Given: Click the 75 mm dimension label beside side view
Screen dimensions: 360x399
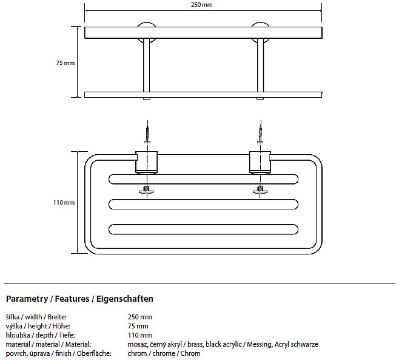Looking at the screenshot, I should tap(65, 63).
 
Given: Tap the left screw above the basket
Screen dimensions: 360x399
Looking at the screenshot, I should tap(146, 132).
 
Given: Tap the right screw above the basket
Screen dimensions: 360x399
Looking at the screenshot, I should tap(261, 132).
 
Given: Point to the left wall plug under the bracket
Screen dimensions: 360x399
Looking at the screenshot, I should tap(146, 190).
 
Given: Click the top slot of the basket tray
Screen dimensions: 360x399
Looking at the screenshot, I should tap(203, 179).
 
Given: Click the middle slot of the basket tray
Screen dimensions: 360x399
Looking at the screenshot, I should tap(203, 203).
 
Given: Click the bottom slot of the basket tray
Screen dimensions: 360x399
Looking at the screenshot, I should tap(203, 228).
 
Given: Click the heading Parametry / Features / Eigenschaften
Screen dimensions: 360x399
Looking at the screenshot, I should tap(79, 299).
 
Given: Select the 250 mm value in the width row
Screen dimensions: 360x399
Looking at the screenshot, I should tap(139, 317).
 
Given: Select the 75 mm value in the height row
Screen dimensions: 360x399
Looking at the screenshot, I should tap(138, 326).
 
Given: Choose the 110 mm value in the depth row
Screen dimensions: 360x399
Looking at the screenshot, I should tap(139, 335).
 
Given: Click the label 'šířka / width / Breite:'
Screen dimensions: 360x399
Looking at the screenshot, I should tap(36, 317).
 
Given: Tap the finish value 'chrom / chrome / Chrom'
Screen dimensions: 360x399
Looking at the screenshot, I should tap(164, 353).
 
